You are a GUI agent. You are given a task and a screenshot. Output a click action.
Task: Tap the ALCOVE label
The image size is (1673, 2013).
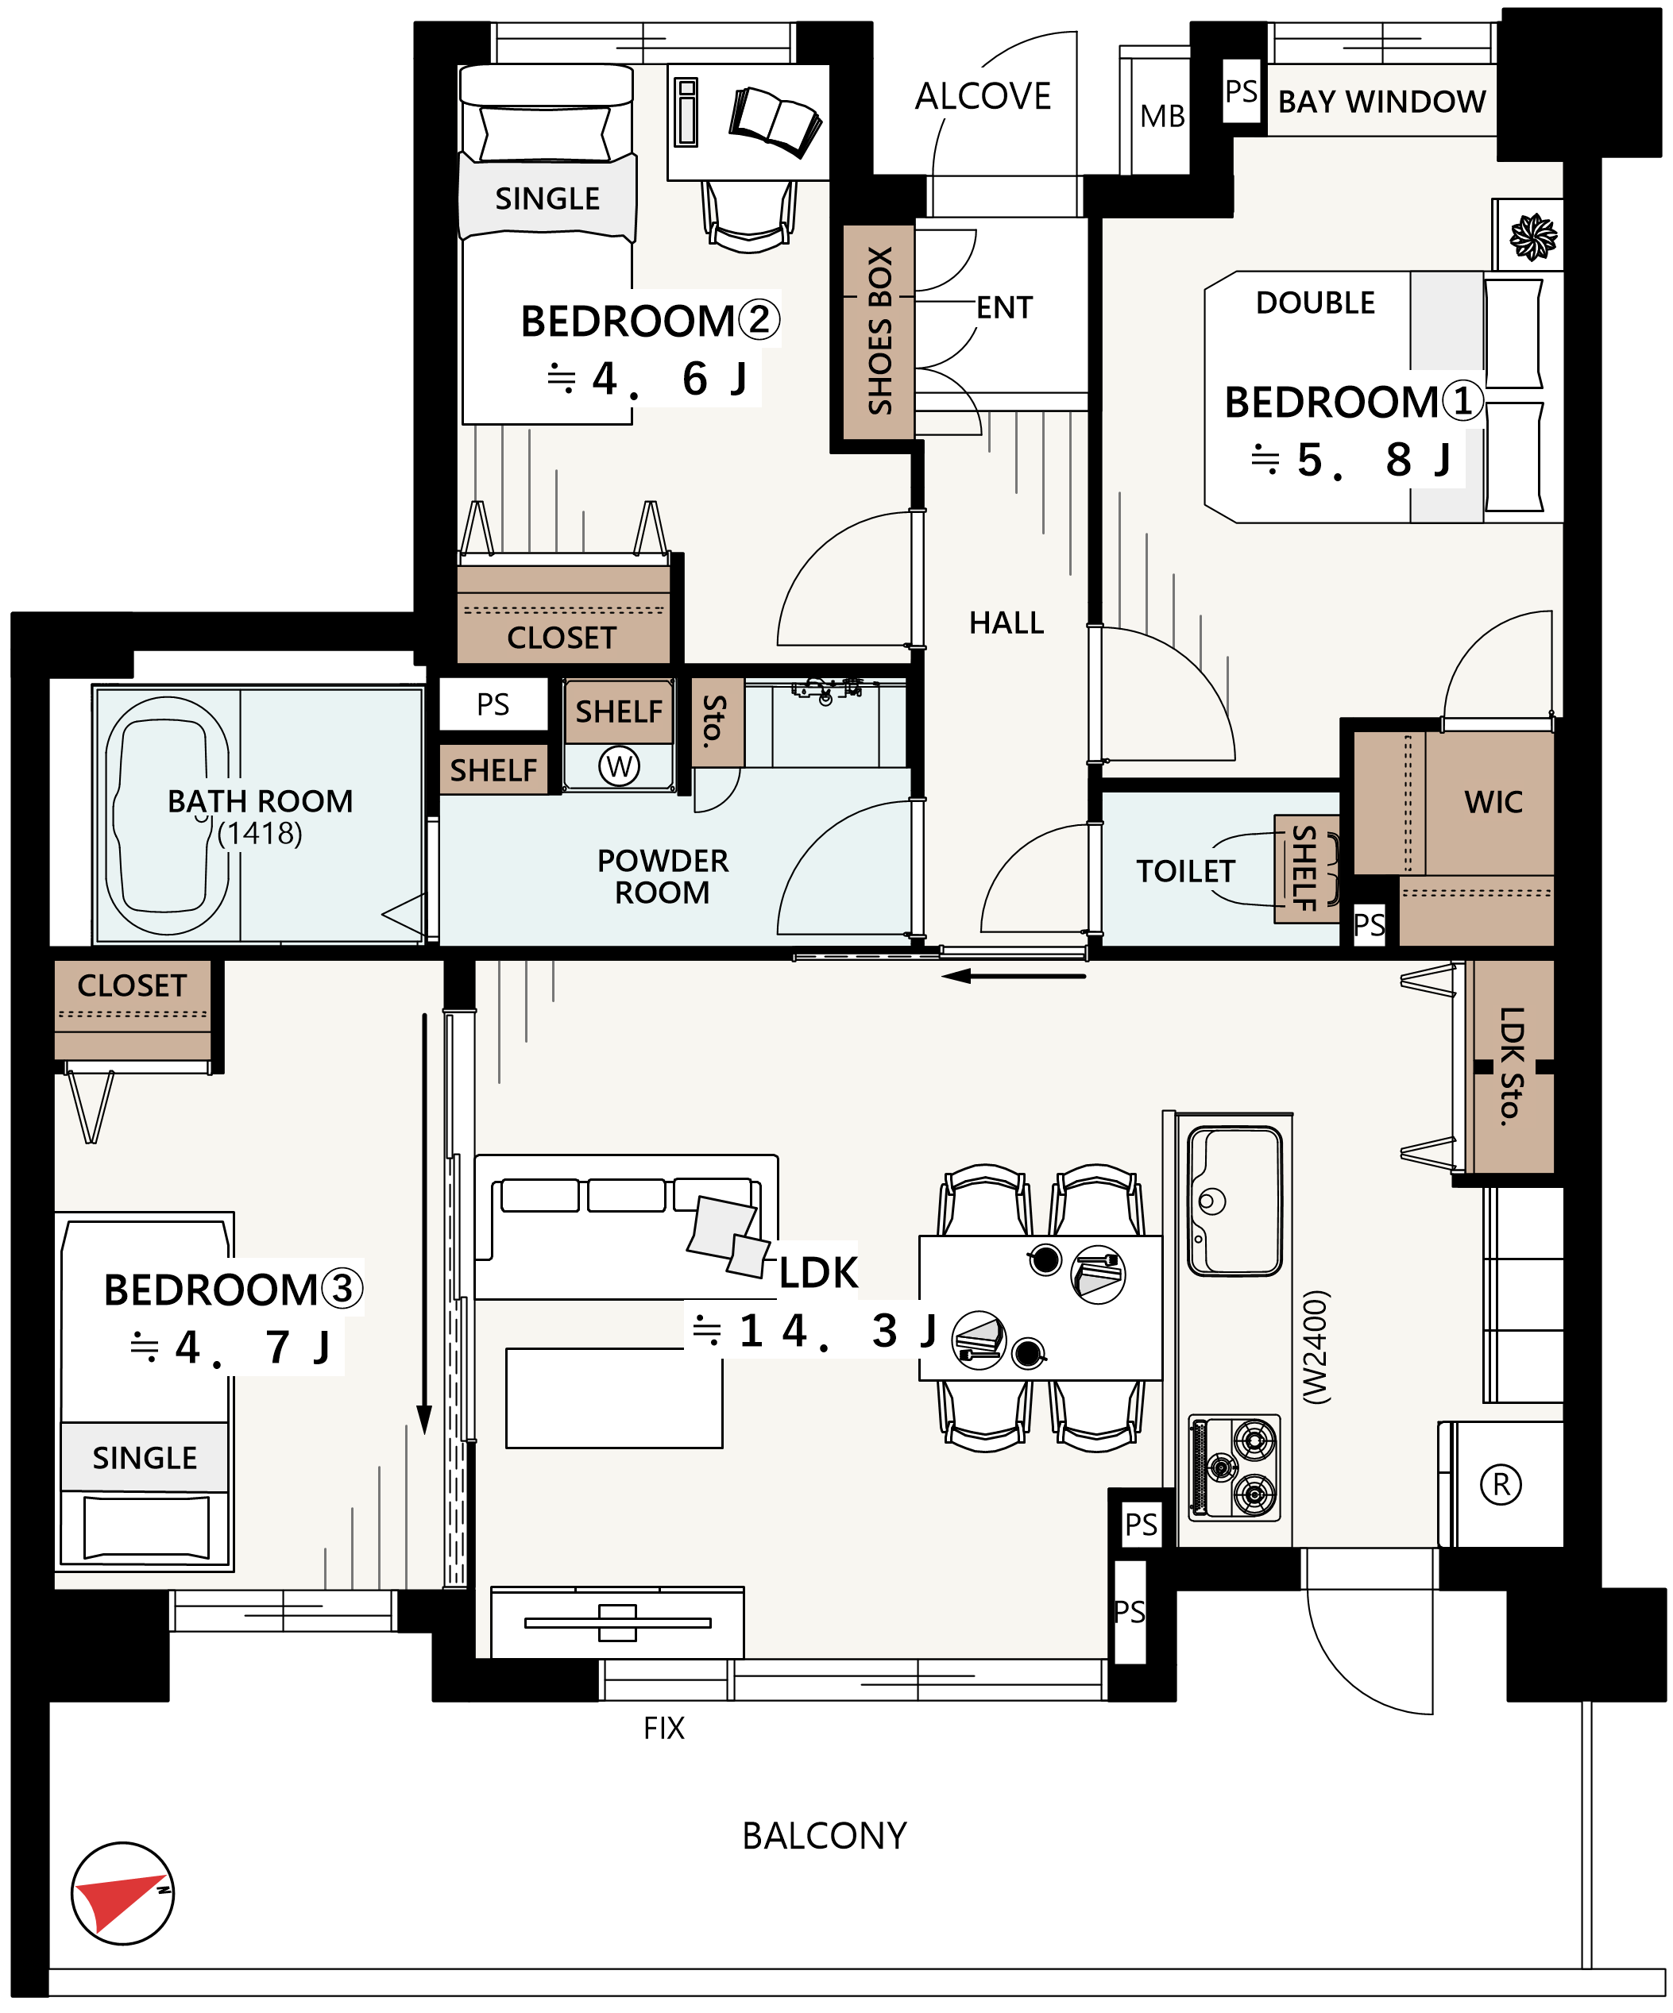(x=983, y=96)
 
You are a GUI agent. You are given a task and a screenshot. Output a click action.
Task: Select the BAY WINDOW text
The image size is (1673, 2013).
(x=1381, y=102)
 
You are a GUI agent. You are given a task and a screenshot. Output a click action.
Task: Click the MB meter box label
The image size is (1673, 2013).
(x=1162, y=116)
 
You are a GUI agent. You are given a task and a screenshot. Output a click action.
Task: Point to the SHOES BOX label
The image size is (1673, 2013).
(x=879, y=330)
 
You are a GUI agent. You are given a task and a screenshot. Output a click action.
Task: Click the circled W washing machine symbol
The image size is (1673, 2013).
(x=620, y=766)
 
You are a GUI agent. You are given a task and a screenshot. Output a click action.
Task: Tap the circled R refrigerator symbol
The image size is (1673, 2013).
(x=1501, y=1485)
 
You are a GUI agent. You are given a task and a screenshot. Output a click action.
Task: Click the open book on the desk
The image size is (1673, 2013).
(x=775, y=121)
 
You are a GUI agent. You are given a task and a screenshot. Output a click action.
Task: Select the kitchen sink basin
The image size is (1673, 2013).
(x=1234, y=1201)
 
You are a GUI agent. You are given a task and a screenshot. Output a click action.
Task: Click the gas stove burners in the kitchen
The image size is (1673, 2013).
(x=1234, y=1467)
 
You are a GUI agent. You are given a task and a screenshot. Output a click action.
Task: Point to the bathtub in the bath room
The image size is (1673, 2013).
(x=167, y=816)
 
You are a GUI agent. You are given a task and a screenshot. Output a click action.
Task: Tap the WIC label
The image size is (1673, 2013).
(x=1493, y=802)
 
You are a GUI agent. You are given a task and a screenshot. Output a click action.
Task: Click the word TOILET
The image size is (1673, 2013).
(x=1185, y=871)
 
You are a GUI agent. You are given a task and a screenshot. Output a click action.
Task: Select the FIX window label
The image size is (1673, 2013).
(x=663, y=1728)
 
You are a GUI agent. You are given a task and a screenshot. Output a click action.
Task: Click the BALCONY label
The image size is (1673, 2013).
(x=825, y=1836)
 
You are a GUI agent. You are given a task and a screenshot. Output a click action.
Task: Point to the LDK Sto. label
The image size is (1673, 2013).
(x=1511, y=1066)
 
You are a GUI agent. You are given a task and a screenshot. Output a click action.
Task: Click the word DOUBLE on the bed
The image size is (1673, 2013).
(x=1316, y=303)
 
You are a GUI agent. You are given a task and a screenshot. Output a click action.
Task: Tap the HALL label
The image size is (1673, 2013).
(x=1006, y=623)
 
